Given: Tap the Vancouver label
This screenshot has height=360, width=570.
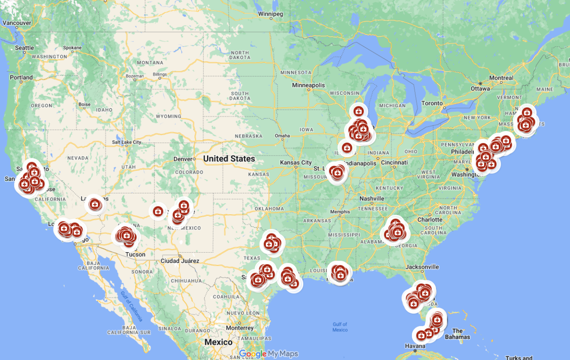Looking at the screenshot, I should point(16,23).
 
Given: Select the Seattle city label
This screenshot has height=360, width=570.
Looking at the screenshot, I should point(24,48).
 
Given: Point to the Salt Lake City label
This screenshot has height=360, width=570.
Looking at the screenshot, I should point(126,142).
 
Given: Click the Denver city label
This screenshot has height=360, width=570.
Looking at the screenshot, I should point(183,159).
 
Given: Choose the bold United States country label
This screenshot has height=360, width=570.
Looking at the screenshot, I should point(229,159).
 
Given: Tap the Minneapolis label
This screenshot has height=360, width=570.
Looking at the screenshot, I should point(309,85).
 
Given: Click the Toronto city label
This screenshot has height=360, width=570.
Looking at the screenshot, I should point(432,103).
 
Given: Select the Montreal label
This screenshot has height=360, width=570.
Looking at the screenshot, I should point(501,78).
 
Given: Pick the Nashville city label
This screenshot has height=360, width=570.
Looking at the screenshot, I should point(372,199).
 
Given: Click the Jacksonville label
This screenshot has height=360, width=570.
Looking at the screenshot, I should point(422,267).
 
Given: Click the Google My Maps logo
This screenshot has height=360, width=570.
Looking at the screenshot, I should point(269,354).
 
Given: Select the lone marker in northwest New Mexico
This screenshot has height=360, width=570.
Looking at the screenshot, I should point(158,211).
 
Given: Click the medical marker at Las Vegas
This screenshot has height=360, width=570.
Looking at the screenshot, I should point(94,205).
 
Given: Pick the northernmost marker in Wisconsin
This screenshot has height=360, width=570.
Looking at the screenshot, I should point(358,111).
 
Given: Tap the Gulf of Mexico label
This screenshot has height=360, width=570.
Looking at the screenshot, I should point(340,327).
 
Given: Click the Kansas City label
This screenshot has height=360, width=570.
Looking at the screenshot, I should point(296,163).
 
